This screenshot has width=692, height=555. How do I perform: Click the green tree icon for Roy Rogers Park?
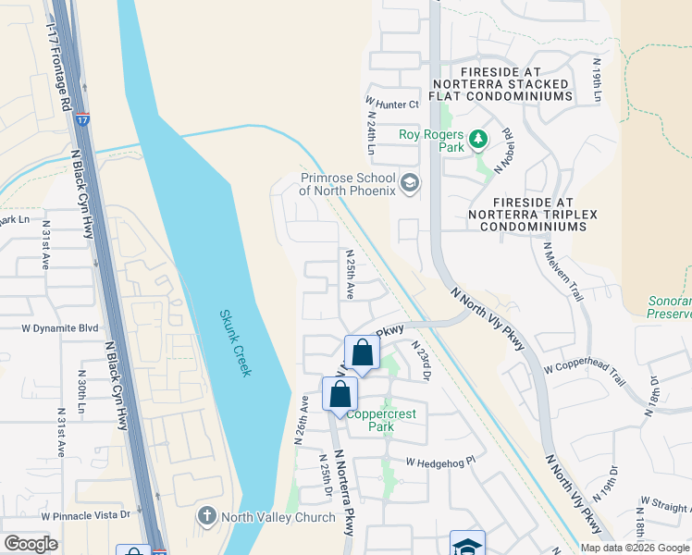click(477, 140)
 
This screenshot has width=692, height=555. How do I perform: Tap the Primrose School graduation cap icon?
click(412, 185)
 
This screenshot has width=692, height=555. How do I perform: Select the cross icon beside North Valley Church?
click(206, 515)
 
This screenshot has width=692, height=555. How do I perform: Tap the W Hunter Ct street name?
click(392, 105)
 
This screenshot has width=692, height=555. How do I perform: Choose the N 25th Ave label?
click(350, 273)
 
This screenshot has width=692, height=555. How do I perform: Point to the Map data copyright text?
click(634, 548)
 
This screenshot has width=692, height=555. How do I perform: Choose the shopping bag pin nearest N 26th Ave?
click(340, 395)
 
